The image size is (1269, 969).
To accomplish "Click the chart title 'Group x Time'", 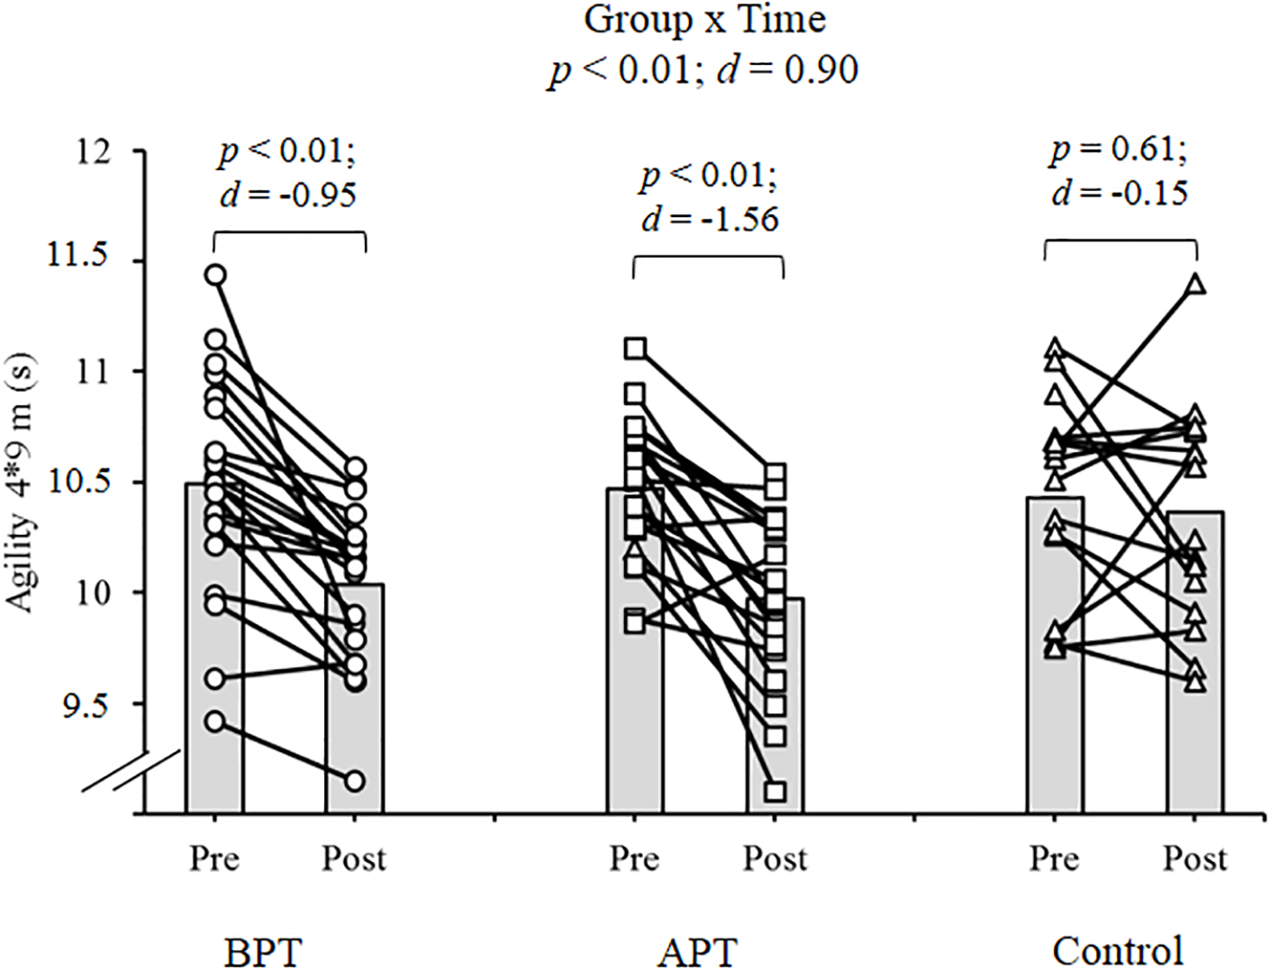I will tap(704, 20).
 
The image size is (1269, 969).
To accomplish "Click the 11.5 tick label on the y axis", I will tap(78, 256).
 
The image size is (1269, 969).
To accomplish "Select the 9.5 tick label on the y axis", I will tap(85, 705).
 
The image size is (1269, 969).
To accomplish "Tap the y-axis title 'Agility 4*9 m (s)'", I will tap(20, 483).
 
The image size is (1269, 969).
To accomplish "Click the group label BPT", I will tap(263, 951).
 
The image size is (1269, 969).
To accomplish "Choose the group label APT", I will tap(697, 951).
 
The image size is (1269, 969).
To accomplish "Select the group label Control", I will tap(1117, 951).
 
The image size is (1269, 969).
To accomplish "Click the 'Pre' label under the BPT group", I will tap(214, 858).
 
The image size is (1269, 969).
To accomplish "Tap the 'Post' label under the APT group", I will tap(775, 858).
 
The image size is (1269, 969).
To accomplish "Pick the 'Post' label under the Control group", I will tap(1195, 858).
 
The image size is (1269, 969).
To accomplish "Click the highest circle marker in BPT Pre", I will tap(215, 274).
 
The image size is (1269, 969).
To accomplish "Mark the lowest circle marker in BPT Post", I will tap(354, 781).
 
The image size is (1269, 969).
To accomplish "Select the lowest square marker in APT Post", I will tap(775, 791).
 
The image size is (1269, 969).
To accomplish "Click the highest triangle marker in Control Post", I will tap(1196, 285).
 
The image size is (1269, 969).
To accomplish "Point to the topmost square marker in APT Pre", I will tap(635, 349).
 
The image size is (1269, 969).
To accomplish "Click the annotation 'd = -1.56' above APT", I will tap(710, 220).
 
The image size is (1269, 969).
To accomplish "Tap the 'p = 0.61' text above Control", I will tap(1118, 149).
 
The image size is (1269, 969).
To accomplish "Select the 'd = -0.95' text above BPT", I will tap(288, 195).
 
